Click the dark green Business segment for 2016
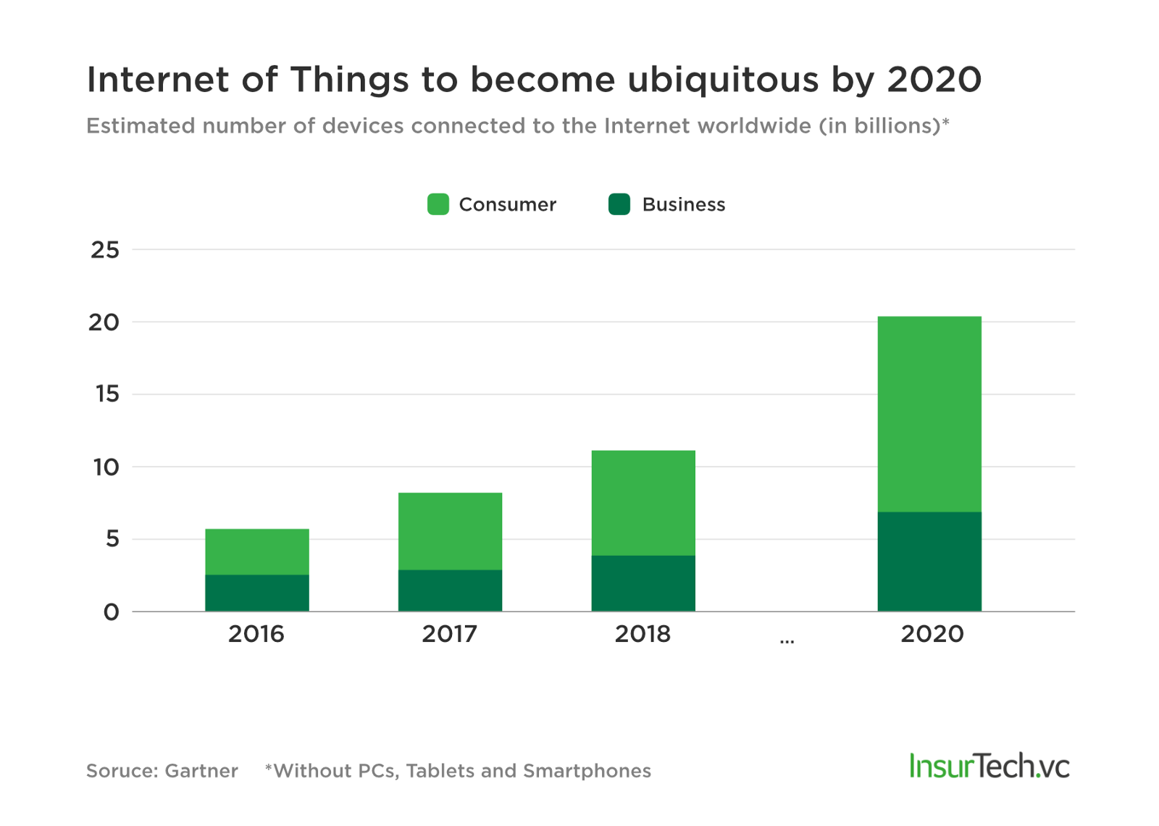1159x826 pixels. click(256, 593)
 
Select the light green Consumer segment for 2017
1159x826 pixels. click(450, 531)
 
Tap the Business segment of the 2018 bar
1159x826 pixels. click(643, 583)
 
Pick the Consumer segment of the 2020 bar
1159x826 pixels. click(929, 414)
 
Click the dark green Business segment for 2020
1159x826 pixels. click(929, 562)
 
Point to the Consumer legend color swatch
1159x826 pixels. click(438, 204)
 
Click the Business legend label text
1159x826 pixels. click(683, 204)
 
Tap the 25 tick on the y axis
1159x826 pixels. click(105, 250)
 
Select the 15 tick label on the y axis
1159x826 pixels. click(106, 394)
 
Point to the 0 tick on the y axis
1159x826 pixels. click(111, 612)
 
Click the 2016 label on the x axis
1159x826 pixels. click(256, 634)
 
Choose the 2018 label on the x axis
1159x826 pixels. click(643, 634)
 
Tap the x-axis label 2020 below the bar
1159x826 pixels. click(932, 634)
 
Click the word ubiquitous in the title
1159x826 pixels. click(722, 80)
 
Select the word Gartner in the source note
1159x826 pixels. click(201, 770)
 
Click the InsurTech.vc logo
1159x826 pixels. click(989, 766)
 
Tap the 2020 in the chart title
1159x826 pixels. click(934, 80)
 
